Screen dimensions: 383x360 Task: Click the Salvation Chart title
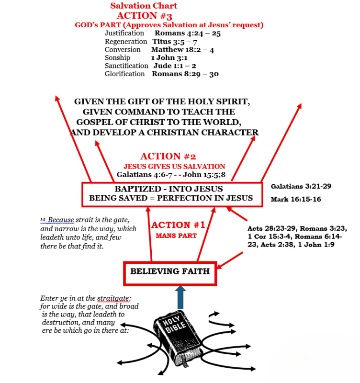(144, 6)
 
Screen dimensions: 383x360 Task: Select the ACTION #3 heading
(144, 15)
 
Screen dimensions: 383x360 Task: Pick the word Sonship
(117, 57)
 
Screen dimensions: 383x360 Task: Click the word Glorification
(124, 74)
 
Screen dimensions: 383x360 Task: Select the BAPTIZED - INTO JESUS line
(169, 189)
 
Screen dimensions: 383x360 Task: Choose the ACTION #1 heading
(178, 225)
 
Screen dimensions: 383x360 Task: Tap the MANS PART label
(170, 236)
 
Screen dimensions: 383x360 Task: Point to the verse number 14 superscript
(42, 219)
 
